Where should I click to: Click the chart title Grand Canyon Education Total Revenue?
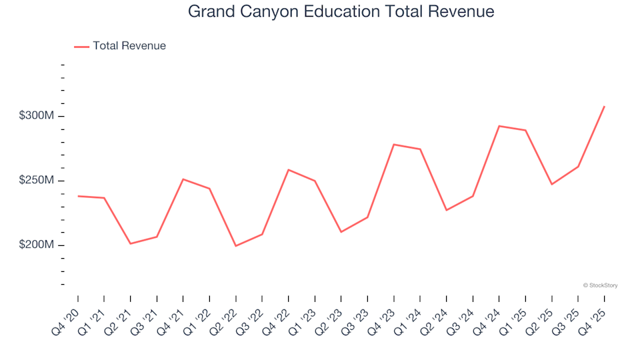tap(341, 11)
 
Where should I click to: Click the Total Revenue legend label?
tap(129, 46)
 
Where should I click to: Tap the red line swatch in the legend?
tap(81, 47)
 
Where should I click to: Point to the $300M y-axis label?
tap(37, 116)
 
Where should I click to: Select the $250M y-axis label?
tap(37, 181)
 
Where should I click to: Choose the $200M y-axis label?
tap(37, 245)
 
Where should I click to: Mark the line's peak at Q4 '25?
tap(604, 106)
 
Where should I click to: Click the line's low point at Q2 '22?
tap(235, 246)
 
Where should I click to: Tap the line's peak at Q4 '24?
tap(499, 126)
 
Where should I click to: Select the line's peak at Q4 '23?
tap(393, 144)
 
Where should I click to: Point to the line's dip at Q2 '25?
tap(551, 184)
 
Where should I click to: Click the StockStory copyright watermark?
tap(600, 285)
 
